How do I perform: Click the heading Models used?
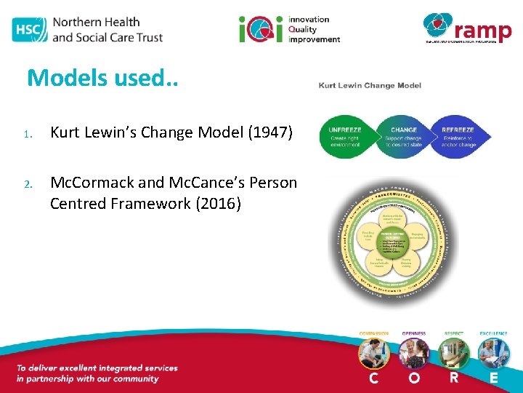[102, 78]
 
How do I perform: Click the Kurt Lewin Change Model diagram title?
[370, 86]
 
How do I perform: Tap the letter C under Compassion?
[373, 378]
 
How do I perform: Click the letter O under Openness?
[414, 378]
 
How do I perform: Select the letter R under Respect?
[454, 378]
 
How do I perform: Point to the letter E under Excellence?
[494, 378]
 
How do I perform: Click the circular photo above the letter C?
[374, 353]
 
